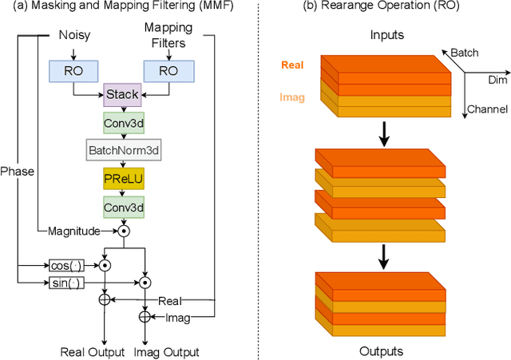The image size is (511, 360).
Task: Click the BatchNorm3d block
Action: point(122,150)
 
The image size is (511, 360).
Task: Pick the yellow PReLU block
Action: point(122,178)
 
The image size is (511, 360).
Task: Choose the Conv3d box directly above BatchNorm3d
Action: point(122,123)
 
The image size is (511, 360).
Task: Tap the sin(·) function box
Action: point(65,282)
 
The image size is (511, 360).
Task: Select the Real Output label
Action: point(93,352)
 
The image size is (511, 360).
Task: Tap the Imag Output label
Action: point(166,352)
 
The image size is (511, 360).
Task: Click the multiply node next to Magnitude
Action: point(123,231)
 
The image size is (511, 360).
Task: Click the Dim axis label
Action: point(497,80)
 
